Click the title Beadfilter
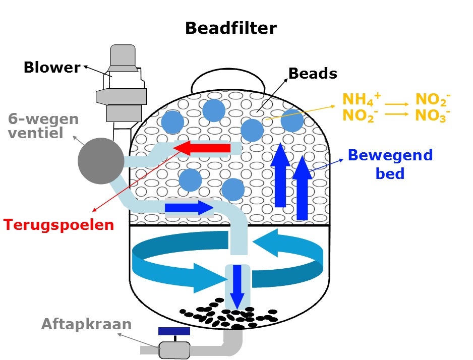[230, 28]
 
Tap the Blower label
[52, 67]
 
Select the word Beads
[312, 73]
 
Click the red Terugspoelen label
[59, 224]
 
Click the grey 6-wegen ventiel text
[43, 127]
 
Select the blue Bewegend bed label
[390, 164]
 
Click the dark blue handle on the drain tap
[174, 331]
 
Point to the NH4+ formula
[358, 99]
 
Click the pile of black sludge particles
[229, 315]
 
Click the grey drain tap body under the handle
[174, 349]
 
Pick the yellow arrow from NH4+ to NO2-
[397, 104]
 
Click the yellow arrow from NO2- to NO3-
[397, 114]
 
